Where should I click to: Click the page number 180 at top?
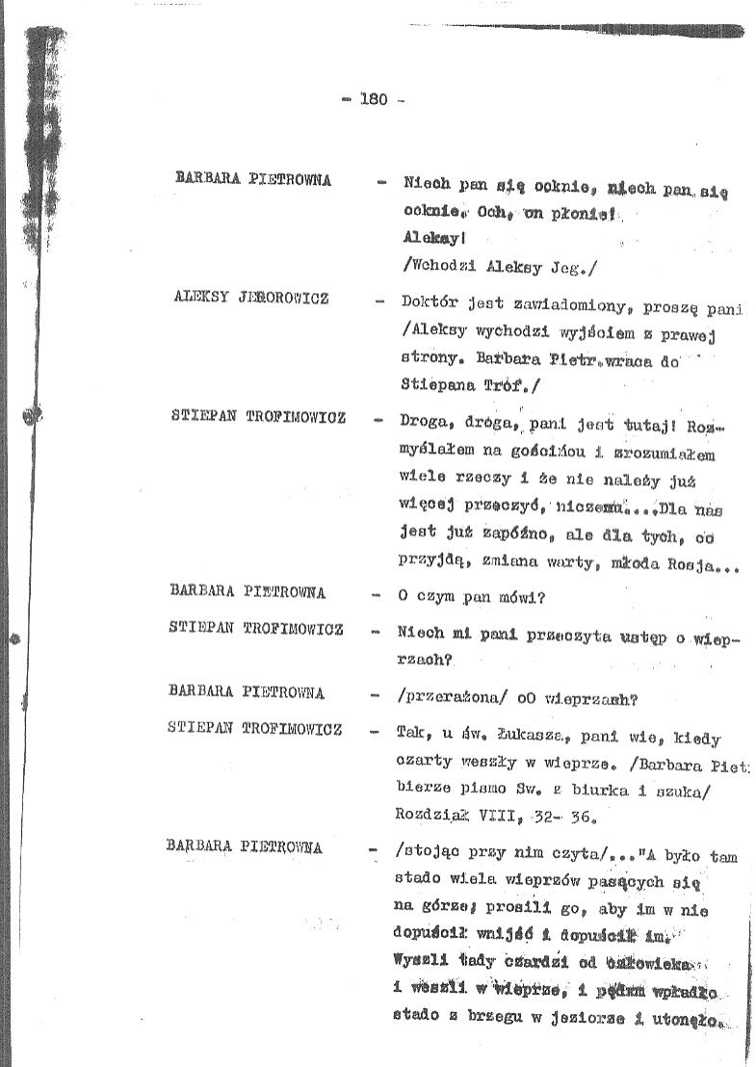pos(373,98)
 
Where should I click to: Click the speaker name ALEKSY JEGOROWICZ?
pos(250,299)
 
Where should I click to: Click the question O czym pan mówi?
pos(471,596)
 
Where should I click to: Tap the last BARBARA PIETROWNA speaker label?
pos(245,848)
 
